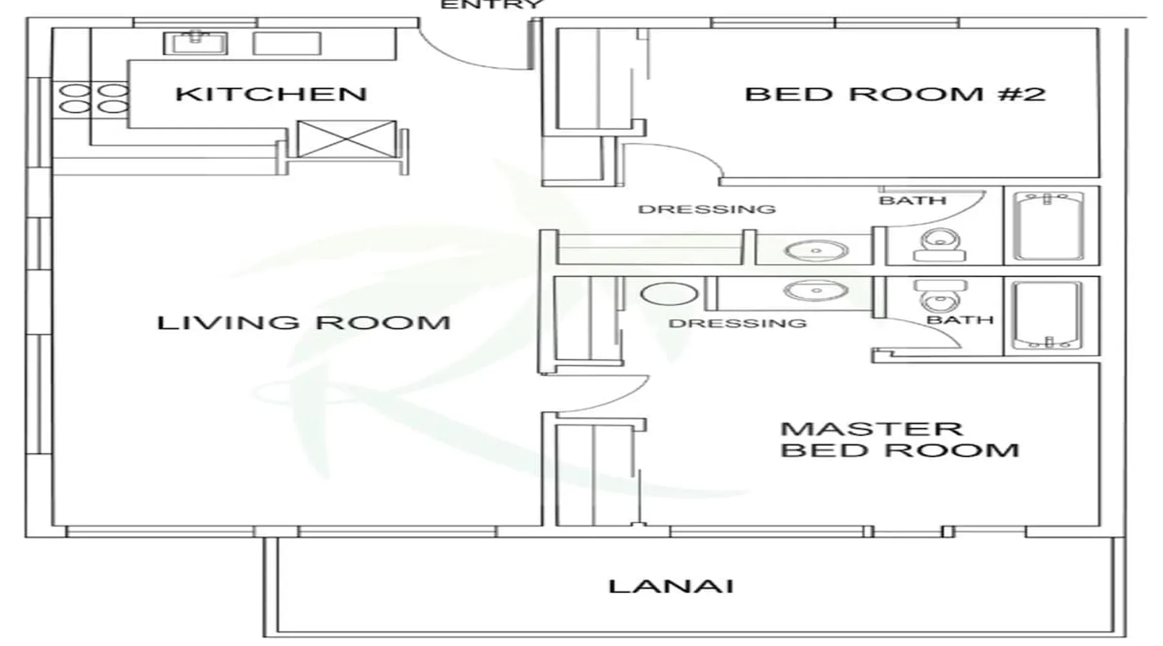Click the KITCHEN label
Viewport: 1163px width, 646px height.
[x=271, y=94]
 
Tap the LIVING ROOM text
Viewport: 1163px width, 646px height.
[x=304, y=322]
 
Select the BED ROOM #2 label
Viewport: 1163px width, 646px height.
[x=896, y=94]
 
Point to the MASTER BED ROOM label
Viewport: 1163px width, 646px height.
[x=899, y=439]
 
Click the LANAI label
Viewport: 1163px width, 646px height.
[x=671, y=587]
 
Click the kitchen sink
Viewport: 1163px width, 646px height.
[x=195, y=43]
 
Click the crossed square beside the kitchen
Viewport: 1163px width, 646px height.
[x=347, y=138]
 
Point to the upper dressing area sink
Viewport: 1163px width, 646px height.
[x=816, y=250]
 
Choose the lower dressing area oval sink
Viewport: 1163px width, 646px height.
[x=816, y=291]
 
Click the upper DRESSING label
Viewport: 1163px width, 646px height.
[x=706, y=209]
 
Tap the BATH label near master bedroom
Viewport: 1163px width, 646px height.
[x=960, y=320]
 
